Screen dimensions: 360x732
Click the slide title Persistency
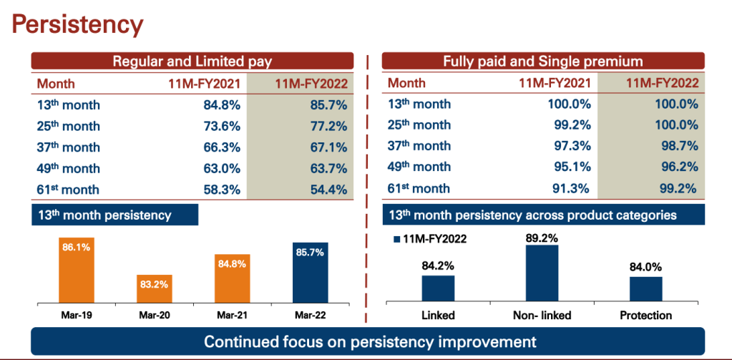coord(78,24)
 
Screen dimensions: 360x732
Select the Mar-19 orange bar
coord(77,269)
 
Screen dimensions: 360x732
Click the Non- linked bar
coord(542,273)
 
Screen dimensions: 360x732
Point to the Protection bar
coord(645,288)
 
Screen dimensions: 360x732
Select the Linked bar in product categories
coord(438,288)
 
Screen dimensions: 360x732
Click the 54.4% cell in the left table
coord(325,190)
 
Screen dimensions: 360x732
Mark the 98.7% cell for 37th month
coord(676,147)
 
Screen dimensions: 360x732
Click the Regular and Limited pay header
coord(192,62)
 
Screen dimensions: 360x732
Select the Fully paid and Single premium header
coord(542,62)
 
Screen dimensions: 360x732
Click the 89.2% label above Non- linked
coord(542,237)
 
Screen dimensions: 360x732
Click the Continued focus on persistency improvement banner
coord(367,341)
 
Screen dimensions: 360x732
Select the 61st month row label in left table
coord(69,190)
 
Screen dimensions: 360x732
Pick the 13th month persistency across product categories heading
coord(532,214)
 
